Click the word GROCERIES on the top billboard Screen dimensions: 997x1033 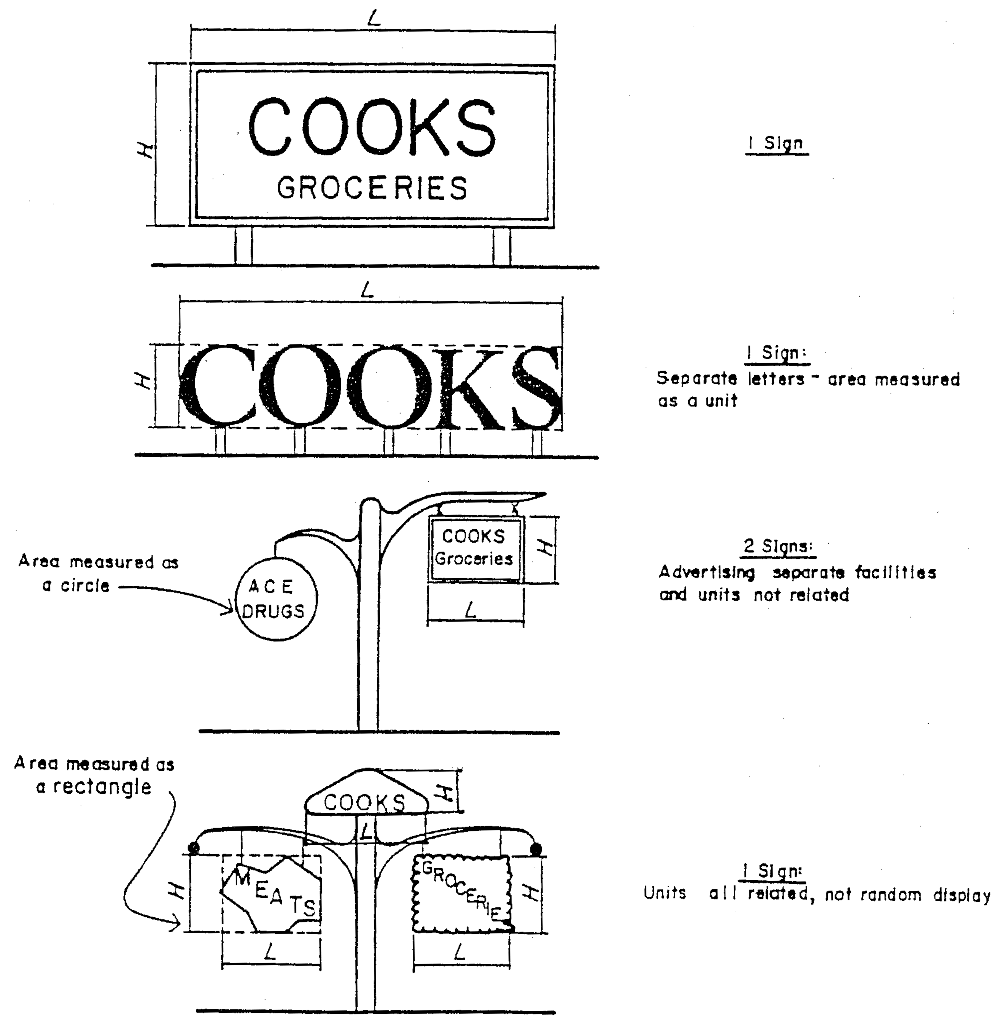tap(372, 188)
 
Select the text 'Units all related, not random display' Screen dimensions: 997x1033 tap(817, 894)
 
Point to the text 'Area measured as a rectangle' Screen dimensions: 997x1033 tap(95, 775)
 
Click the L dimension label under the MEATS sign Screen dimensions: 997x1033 tap(270, 952)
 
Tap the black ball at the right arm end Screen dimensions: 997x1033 tap(536, 849)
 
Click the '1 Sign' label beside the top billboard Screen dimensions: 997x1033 tap(777, 143)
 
